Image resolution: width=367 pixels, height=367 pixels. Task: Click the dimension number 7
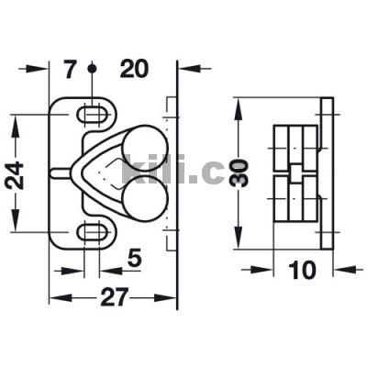click(x=70, y=69)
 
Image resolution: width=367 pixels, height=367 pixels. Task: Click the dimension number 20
click(x=134, y=69)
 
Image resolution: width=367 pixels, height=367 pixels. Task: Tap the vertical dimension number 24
click(x=15, y=174)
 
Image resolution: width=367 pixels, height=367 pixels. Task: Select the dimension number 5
click(x=134, y=257)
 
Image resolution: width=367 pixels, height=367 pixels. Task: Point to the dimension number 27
click(x=114, y=297)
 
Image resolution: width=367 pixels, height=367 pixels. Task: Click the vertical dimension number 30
click(x=239, y=172)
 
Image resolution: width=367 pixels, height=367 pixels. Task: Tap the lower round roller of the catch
click(x=145, y=197)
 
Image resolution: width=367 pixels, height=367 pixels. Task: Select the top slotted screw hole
click(x=92, y=115)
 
